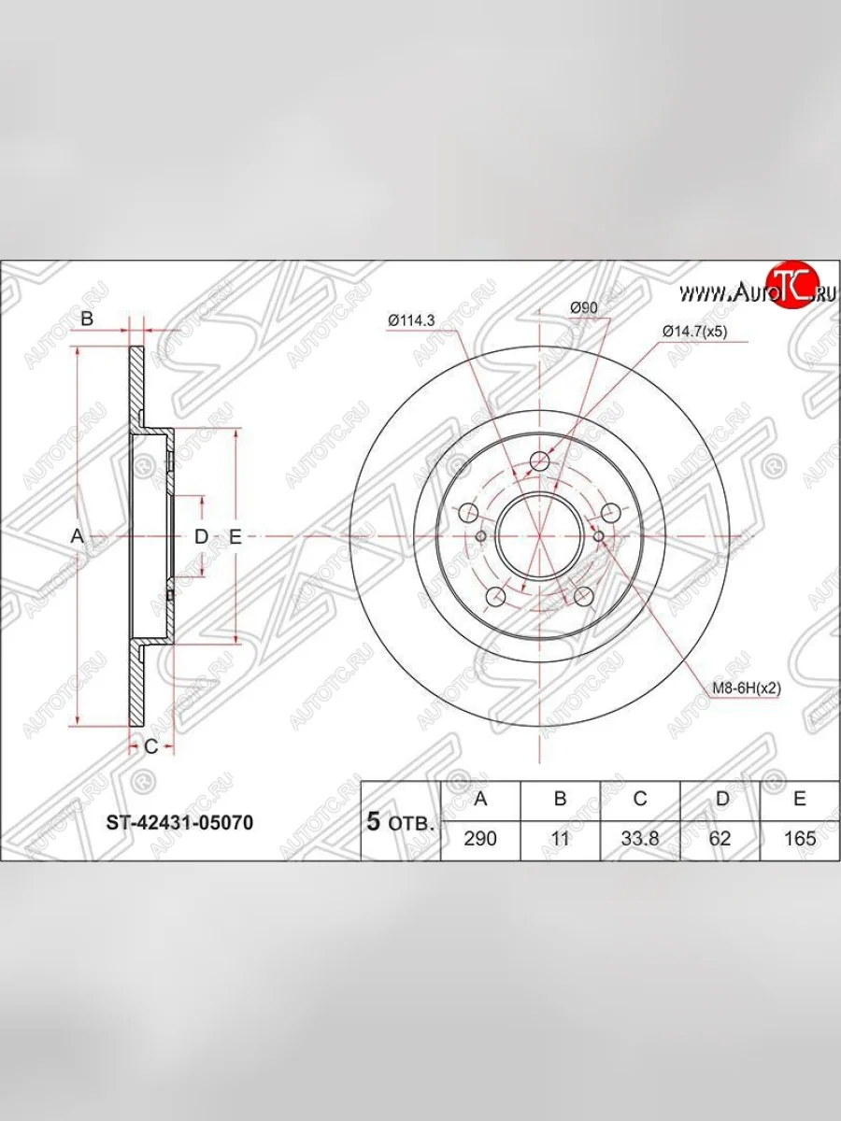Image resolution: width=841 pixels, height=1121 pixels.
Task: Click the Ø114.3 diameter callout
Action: point(411,320)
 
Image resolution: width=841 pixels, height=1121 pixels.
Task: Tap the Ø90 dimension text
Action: point(583,308)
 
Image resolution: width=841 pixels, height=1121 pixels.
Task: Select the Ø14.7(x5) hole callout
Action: point(694,332)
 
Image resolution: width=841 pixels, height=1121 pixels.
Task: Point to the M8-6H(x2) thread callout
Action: point(747,688)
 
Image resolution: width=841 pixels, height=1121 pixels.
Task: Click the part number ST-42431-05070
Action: point(179,823)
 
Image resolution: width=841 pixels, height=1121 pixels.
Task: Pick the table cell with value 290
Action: point(480,839)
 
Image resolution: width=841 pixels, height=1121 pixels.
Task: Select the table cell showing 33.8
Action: point(640,839)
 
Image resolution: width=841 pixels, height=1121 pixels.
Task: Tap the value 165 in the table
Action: point(799,839)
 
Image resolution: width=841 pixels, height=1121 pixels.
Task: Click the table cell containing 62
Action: point(720,839)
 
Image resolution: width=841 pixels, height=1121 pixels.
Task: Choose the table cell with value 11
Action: point(560,839)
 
